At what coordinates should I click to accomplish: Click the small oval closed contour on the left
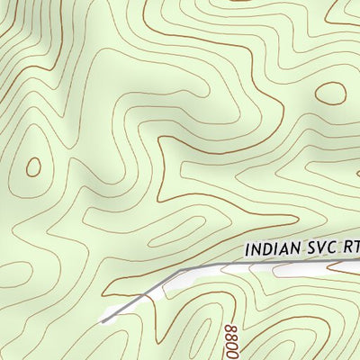click(33, 166)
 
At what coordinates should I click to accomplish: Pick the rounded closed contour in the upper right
click(332, 94)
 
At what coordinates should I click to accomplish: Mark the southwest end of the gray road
click(104, 319)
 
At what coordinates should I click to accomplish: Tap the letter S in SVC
click(310, 247)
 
